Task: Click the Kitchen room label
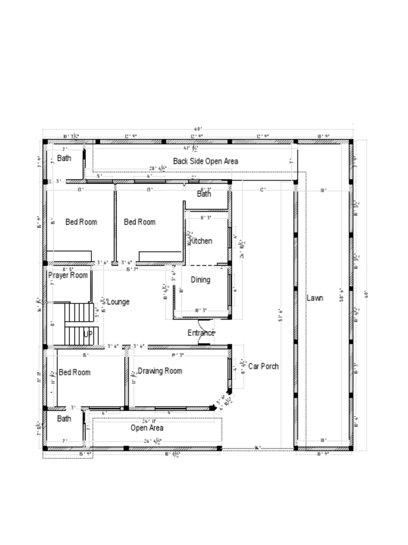[x=201, y=241]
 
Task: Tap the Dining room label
[x=200, y=280]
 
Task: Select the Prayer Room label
[x=67, y=276]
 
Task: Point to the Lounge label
[x=118, y=302]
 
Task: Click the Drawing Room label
[x=159, y=371]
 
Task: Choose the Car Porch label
[x=263, y=367]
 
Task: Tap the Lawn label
[x=314, y=298]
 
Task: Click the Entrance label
[x=201, y=333]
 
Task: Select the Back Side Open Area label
[x=205, y=161]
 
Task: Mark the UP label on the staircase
[x=88, y=335]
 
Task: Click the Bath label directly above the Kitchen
[x=204, y=194]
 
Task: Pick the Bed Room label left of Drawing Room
[x=74, y=373]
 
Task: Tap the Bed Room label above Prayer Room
[x=81, y=222]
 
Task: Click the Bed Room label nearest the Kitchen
[x=139, y=222]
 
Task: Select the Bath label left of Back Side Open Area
[x=64, y=159]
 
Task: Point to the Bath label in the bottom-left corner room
[x=64, y=419]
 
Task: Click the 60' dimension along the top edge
[x=198, y=129]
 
